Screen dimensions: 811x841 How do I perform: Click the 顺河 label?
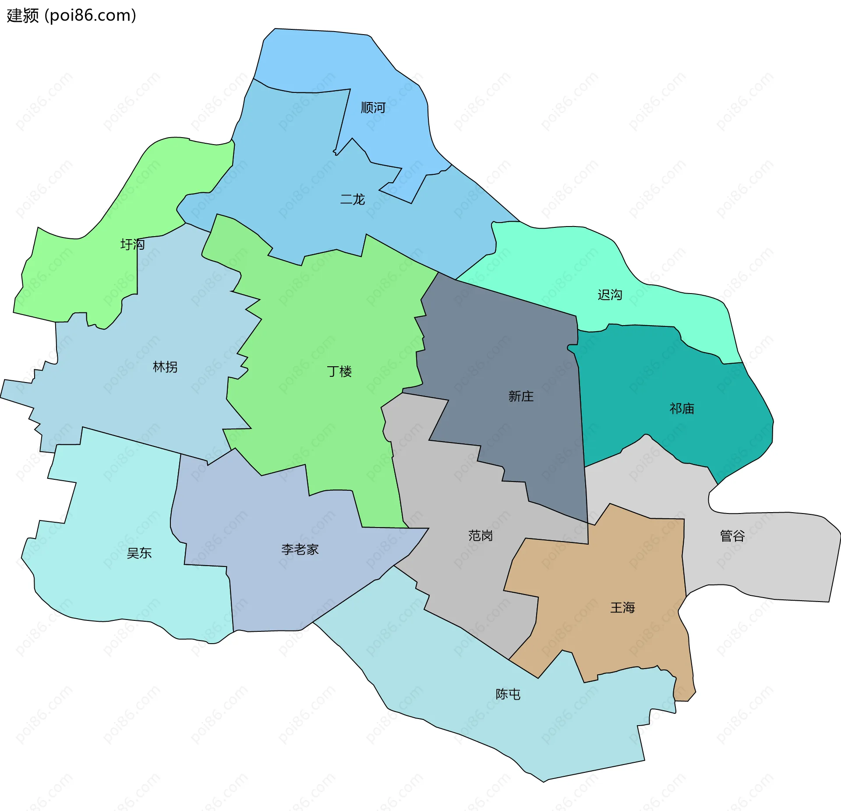point(373,107)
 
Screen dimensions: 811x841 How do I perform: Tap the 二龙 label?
point(352,199)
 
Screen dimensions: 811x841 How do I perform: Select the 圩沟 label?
point(132,244)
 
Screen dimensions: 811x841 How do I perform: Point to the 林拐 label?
point(165,367)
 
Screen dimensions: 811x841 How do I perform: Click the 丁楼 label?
point(339,372)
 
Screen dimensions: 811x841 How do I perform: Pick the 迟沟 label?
point(610,295)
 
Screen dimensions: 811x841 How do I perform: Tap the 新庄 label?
point(521,397)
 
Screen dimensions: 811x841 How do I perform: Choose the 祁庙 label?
point(682,409)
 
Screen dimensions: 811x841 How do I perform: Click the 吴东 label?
point(139,553)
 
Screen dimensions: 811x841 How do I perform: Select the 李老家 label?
point(300,549)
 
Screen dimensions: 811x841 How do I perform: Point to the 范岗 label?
point(481,535)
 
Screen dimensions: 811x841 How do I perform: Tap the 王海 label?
point(622,608)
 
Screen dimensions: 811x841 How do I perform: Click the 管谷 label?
point(732,535)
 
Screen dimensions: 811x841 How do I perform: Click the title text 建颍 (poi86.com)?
point(71,16)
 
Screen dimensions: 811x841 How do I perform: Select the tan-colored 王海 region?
point(613,570)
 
